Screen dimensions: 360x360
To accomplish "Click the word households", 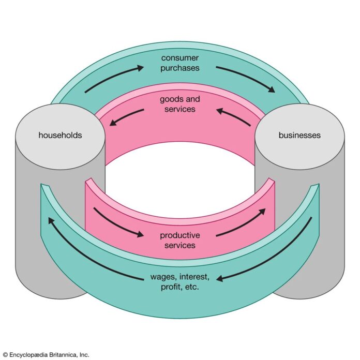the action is pyautogui.click(x=60, y=135).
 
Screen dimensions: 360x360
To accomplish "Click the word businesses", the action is pyautogui.click(x=299, y=135).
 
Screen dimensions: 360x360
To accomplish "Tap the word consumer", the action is pyautogui.click(x=180, y=58).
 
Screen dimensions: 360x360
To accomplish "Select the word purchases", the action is pyautogui.click(x=180, y=68).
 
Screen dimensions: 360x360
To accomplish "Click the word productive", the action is pyautogui.click(x=180, y=235).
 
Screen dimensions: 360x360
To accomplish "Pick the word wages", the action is pyautogui.click(x=163, y=277).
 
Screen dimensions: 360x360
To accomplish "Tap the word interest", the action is pyautogui.click(x=194, y=277).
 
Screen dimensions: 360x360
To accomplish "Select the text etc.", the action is pyautogui.click(x=191, y=287).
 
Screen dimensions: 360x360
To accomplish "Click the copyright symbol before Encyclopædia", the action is pyautogui.click(x=5, y=355).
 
